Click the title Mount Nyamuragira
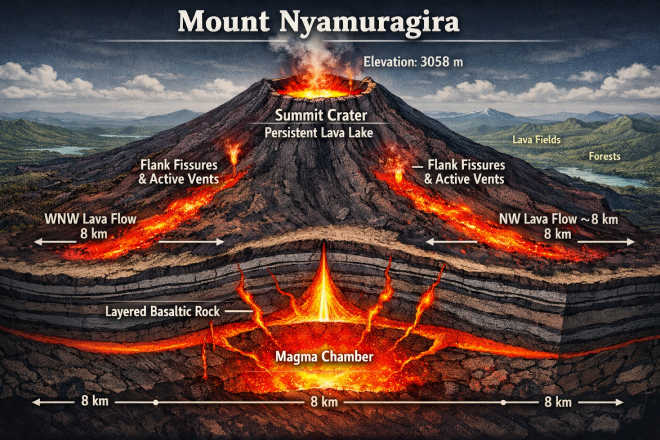point(318,22)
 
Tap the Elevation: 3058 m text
point(413,62)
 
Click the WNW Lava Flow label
point(90,219)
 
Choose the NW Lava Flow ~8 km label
point(558,220)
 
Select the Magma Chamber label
point(324,356)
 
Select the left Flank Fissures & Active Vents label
point(179,171)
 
